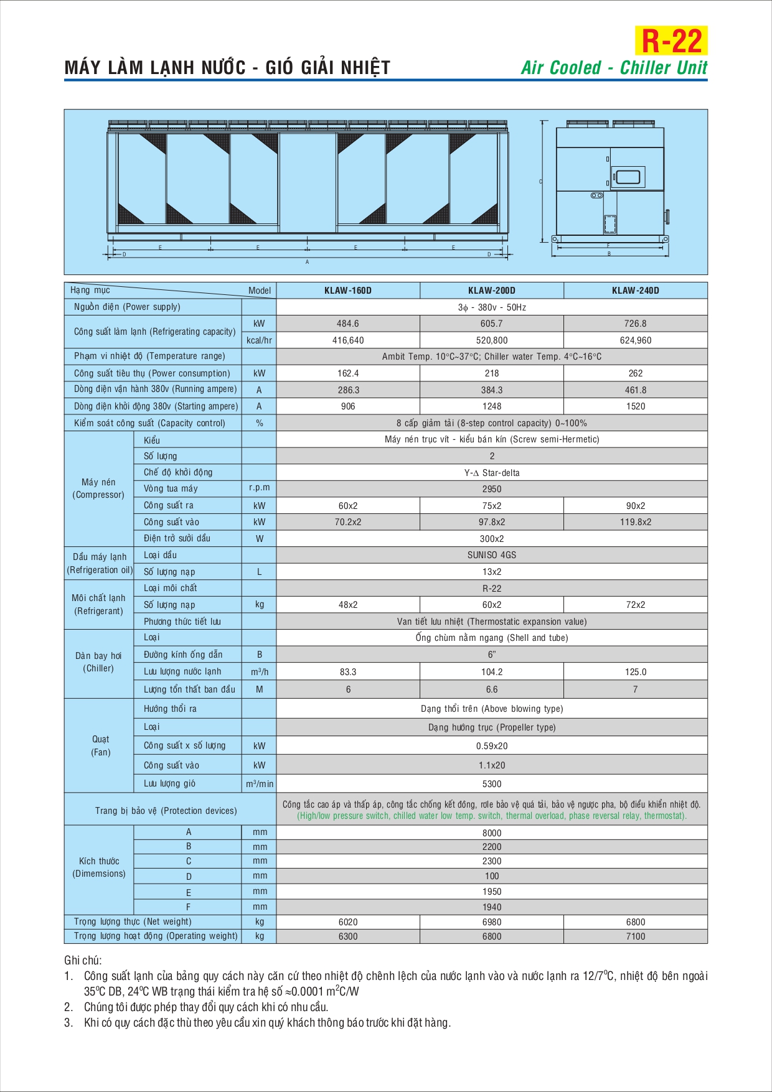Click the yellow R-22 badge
tap(671, 41)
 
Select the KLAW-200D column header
tap(491, 291)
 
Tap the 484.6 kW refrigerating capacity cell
tap(348, 324)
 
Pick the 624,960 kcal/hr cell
tap(635, 340)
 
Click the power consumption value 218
tap(491, 373)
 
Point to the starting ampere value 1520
tap(635, 406)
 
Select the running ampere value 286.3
tap(348, 390)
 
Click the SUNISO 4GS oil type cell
tap(491, 555)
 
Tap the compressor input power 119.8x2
tap(635, 522)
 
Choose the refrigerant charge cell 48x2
tap(348, 605)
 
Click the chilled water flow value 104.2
tap(491, 672)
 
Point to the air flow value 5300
tap(491, 784)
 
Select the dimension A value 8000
tap(491, 833)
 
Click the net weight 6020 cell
tap(348, 922)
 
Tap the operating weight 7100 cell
tap(635, 936)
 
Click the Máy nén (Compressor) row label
tap(98, 488)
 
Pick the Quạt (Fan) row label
tap(100, 745)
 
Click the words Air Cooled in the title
tap(561, 68)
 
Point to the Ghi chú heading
tap(83, 961)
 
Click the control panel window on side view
tap(627, 176)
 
